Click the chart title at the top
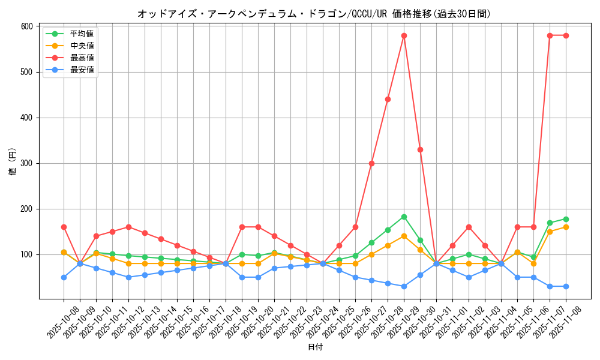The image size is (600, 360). click(x=314, y=14)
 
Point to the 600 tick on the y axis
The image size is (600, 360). click(x=26, y=26)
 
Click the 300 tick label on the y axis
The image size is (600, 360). click(x=26, y=163)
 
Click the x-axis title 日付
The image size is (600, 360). click(x=315, y=347)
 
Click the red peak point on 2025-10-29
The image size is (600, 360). click(x=404, y=35)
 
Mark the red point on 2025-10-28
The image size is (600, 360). click(x=388, y=99)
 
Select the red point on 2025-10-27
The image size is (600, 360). click(x=371, y=163)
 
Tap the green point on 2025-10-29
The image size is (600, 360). click(x=404, y=217)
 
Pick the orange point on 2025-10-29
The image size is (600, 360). click(x=404, y=236)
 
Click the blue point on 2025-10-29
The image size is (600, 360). click(x=404, y=286)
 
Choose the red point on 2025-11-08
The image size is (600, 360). click(x=566, y=35)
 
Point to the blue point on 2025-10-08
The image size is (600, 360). click(x=64, y=277)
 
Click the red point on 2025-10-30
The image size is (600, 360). click(x=420, y=149)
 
